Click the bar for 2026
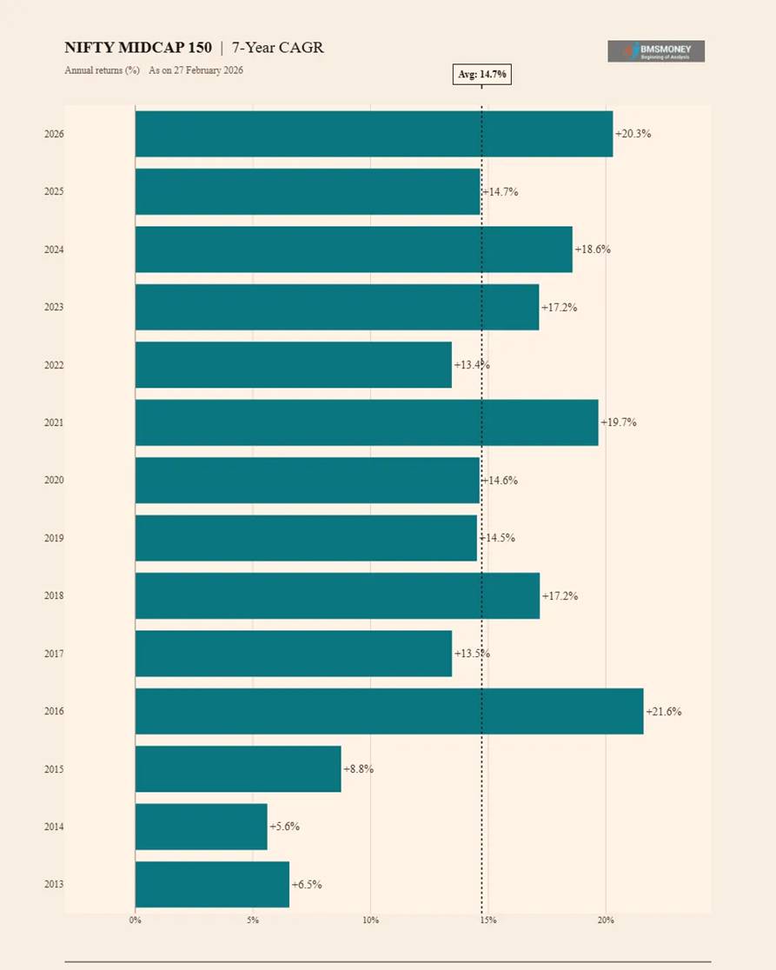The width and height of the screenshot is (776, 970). point(374,134)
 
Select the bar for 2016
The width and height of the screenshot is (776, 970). point(389,711)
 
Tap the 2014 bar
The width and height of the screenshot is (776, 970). point(201,827)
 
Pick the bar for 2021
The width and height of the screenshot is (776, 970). point(367,422)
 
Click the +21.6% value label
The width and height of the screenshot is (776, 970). point(664,712)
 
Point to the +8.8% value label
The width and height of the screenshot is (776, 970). point(358,769)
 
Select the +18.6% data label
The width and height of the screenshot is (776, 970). point(593,249)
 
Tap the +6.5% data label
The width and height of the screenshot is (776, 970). point(307,885)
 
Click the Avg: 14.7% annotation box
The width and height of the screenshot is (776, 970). point(482,75)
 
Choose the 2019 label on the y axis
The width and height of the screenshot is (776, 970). point(54,538)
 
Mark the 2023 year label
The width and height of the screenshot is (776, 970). point(54,307)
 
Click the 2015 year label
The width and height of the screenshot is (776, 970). point(54,769)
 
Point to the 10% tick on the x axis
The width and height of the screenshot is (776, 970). point(371,920)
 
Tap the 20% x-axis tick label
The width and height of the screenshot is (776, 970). point(606,920)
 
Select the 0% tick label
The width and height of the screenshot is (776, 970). point(136,920)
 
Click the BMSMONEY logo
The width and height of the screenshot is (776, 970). point(656,51)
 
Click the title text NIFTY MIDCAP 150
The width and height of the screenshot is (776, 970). point(138,48)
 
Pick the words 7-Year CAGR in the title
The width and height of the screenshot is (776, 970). point(277,48)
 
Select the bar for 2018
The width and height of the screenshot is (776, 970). point(337,595)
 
